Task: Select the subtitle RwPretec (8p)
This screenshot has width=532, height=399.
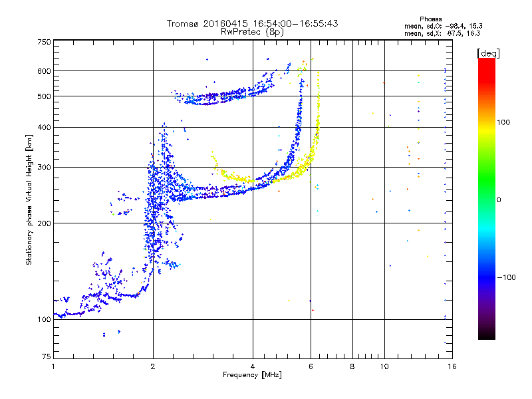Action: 252,32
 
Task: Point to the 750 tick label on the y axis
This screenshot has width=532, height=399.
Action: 44,42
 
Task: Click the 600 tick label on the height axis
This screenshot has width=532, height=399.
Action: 44,71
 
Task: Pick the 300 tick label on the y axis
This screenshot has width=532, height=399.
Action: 44,168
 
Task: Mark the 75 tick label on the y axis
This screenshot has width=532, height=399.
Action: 47,356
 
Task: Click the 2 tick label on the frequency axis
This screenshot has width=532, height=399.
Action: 153,366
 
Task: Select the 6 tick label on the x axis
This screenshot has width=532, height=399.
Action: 311,366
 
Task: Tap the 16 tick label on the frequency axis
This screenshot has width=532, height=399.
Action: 452,366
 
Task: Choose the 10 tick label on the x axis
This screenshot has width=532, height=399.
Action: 384,366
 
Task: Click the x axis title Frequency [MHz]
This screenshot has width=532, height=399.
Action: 252,375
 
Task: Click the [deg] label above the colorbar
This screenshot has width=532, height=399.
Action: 488,53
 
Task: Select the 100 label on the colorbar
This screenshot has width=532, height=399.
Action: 503,122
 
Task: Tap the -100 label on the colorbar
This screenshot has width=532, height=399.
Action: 506,277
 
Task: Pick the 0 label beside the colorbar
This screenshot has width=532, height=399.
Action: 499,200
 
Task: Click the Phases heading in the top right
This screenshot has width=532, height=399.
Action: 430,19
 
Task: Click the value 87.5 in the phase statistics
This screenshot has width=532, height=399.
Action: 456,33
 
